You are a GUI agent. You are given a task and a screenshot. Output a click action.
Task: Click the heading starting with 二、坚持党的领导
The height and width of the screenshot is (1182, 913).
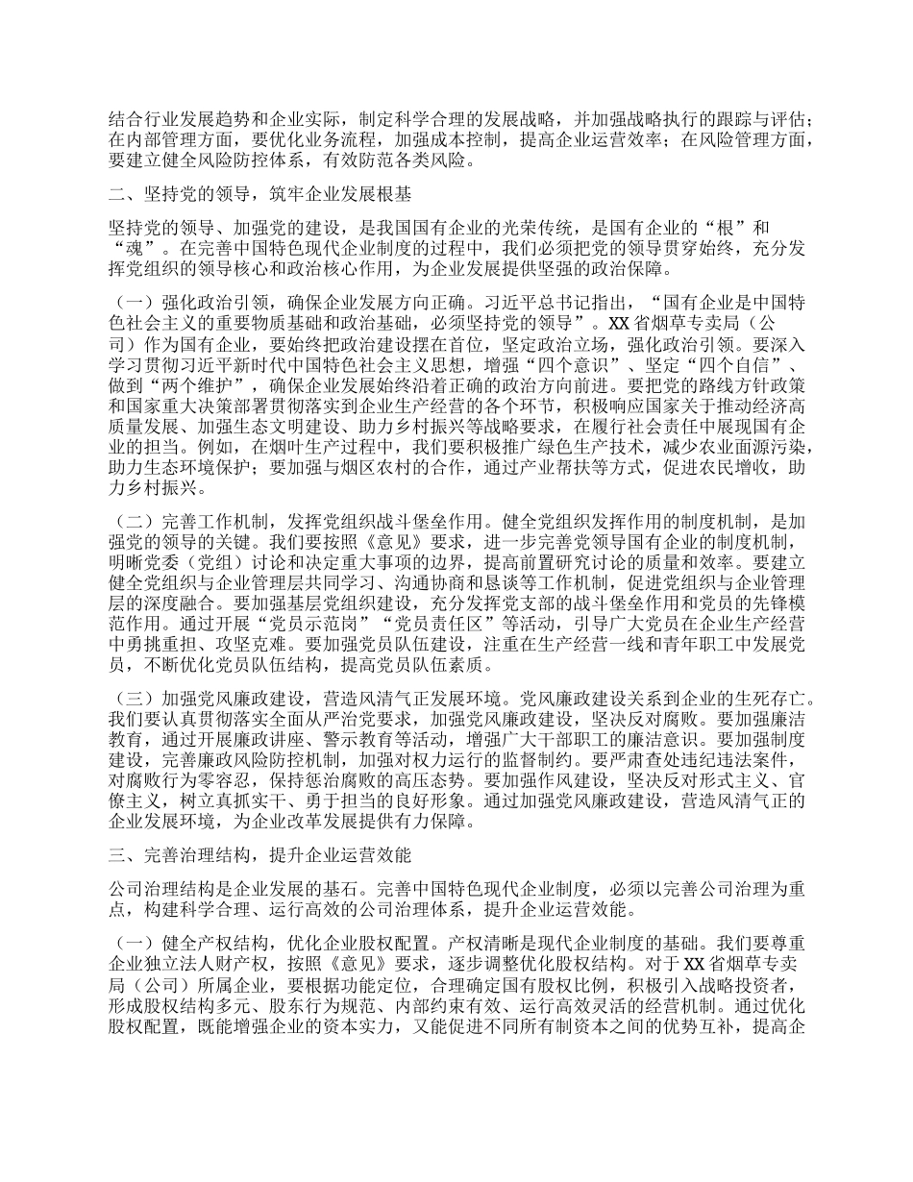coord(260,196)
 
